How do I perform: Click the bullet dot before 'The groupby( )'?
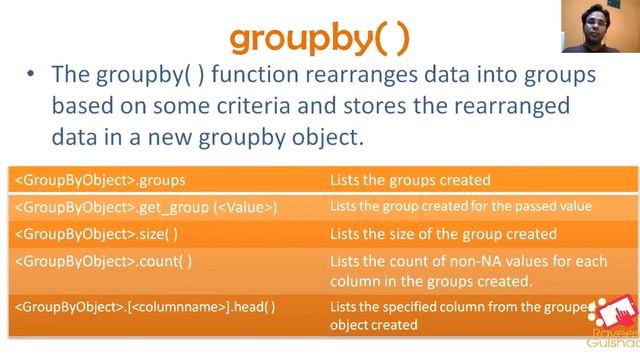click(x=33, y=78)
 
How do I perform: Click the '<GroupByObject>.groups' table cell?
click(x=100, y=181)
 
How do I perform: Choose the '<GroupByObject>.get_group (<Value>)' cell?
click(x=145, y=207)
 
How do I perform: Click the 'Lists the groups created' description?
click(x=410, y=181)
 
